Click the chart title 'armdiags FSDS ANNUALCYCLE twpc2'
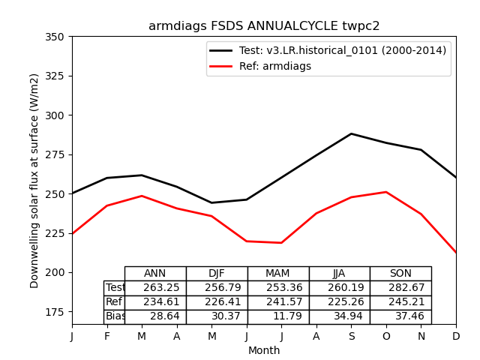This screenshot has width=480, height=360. tap(264, 26)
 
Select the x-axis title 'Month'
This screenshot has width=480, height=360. tap(264, 350)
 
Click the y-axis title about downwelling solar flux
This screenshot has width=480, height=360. tap(34, 180)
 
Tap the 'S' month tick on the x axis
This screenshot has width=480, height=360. tap(351, 337)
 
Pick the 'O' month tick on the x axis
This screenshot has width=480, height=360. tap(386, 337)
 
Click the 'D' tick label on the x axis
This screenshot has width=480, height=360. tap(456, 337)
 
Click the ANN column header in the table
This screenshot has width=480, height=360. tap(155, 274)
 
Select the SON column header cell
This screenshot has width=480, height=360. tap(400, 274)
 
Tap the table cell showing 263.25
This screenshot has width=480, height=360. tap(161, 288)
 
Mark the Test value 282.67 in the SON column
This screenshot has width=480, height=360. tap(406, 288)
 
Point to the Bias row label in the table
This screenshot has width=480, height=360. tap(115, 316)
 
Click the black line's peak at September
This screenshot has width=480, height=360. tap(351, 133)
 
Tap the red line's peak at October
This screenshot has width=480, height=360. tap(386, 192)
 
